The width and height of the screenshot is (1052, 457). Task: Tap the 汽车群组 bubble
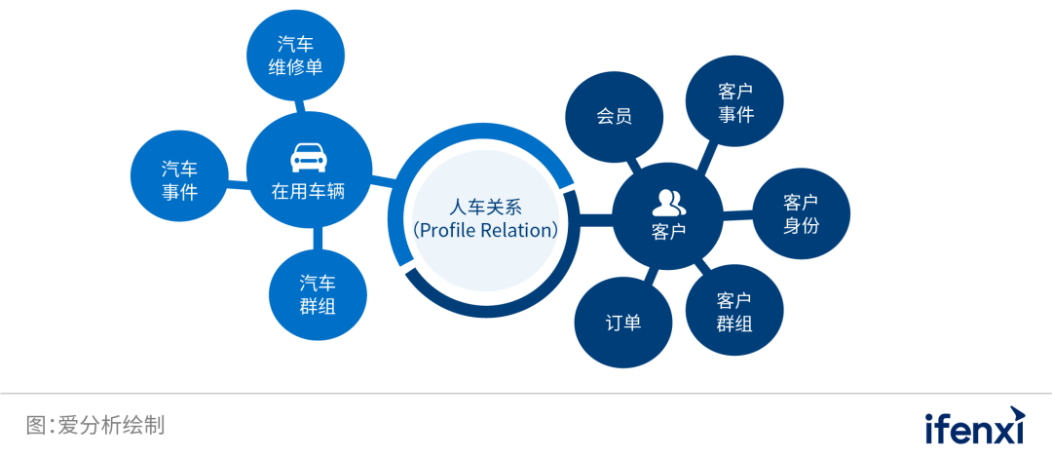coord(318,294)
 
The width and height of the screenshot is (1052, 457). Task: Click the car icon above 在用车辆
coord(308,156)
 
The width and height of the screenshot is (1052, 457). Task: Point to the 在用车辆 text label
coord(308,191)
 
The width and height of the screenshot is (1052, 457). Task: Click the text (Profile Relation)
coord(485,231)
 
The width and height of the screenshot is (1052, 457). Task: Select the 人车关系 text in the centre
coord(485,207)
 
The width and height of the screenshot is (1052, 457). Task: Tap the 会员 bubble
coord(614,116)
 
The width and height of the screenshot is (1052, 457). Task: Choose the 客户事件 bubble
coord(735,102)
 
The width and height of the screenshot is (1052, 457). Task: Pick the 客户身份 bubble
coord(801,214)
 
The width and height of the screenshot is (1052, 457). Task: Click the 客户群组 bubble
coord(734,311)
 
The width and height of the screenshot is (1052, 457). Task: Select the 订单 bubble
coord(623,323)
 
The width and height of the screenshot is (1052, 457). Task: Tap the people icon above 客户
coord(668,203)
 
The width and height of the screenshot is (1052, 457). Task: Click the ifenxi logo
coord(975,426)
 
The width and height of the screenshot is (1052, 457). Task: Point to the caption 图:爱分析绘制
coord(95,425)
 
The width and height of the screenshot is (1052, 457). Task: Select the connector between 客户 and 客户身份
coord(737,216)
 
